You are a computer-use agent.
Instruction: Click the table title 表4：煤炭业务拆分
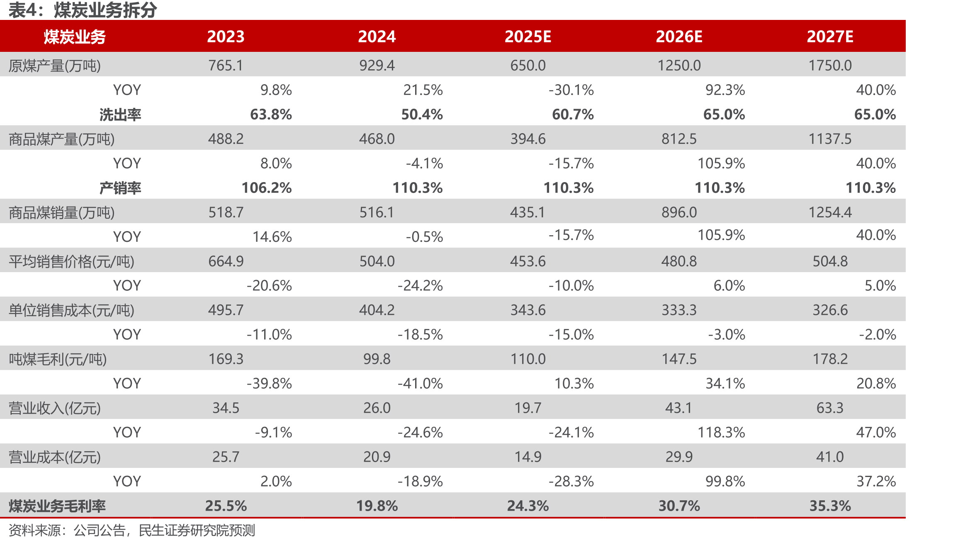tap(83, 10)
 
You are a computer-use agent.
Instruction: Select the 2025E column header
tap(528, 37)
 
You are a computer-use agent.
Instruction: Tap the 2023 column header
tap(226, 37)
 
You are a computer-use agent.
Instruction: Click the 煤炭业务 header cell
tap(75, 37)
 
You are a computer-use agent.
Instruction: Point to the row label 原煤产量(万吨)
tap(55, 66)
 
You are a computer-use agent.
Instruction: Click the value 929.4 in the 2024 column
tap(377, 66)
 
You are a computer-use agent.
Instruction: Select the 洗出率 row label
tap(120, 114)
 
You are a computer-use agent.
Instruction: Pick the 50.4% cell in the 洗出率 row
tap(422, 114)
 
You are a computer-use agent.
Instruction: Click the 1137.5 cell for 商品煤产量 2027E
tap(830, 139)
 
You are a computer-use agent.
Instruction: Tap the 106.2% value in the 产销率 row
tap(267, 188)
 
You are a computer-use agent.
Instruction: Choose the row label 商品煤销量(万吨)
tap(62, 212)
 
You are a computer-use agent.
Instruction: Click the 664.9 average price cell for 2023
tap(226, 261)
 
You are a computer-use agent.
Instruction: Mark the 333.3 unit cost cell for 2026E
tap(679, 310)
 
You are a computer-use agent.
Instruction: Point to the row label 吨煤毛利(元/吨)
tap(58, 359)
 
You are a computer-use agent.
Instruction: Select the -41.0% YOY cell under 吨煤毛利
tap(420, 384)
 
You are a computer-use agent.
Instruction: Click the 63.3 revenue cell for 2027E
tap(830, 408)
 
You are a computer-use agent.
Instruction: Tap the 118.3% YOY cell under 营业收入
tap(721, 433)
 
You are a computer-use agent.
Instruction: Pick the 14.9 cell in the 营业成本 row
tap(528, 457)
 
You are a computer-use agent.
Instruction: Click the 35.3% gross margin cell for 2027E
tap(830, 506)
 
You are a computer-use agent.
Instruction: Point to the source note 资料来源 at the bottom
tap(132, 531)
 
